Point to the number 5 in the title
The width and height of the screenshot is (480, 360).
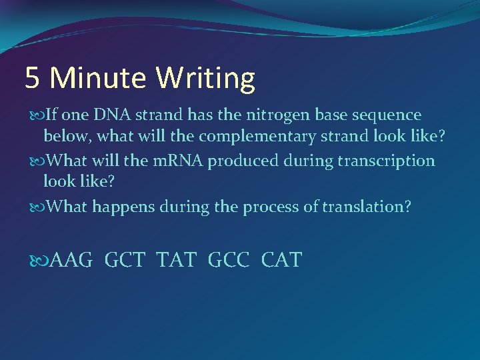pyautogui.click(x=32, y=79)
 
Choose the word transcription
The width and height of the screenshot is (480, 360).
pyautogui.click(x=387, y=161)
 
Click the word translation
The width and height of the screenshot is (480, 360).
pyautogui.click(x=366, y=207)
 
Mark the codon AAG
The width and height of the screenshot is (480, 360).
pyautogui.click(x=71, y=260)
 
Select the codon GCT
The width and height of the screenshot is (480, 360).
pyautogui.click(x=125, y=260)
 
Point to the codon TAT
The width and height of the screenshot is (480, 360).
pyautogui.click(x=177, y=260)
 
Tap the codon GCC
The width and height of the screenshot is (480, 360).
pyautogui.click(x=229, y=260)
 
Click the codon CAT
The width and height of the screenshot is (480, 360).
pyautogui.click(x=281, y=260)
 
